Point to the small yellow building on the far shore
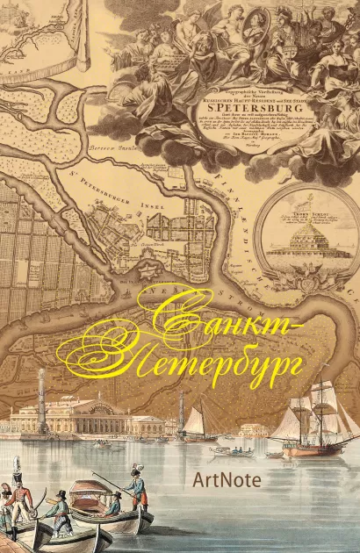pyautogui.click(x=254, y=430)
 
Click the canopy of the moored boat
pyautogui.click(x=90, y=488)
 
